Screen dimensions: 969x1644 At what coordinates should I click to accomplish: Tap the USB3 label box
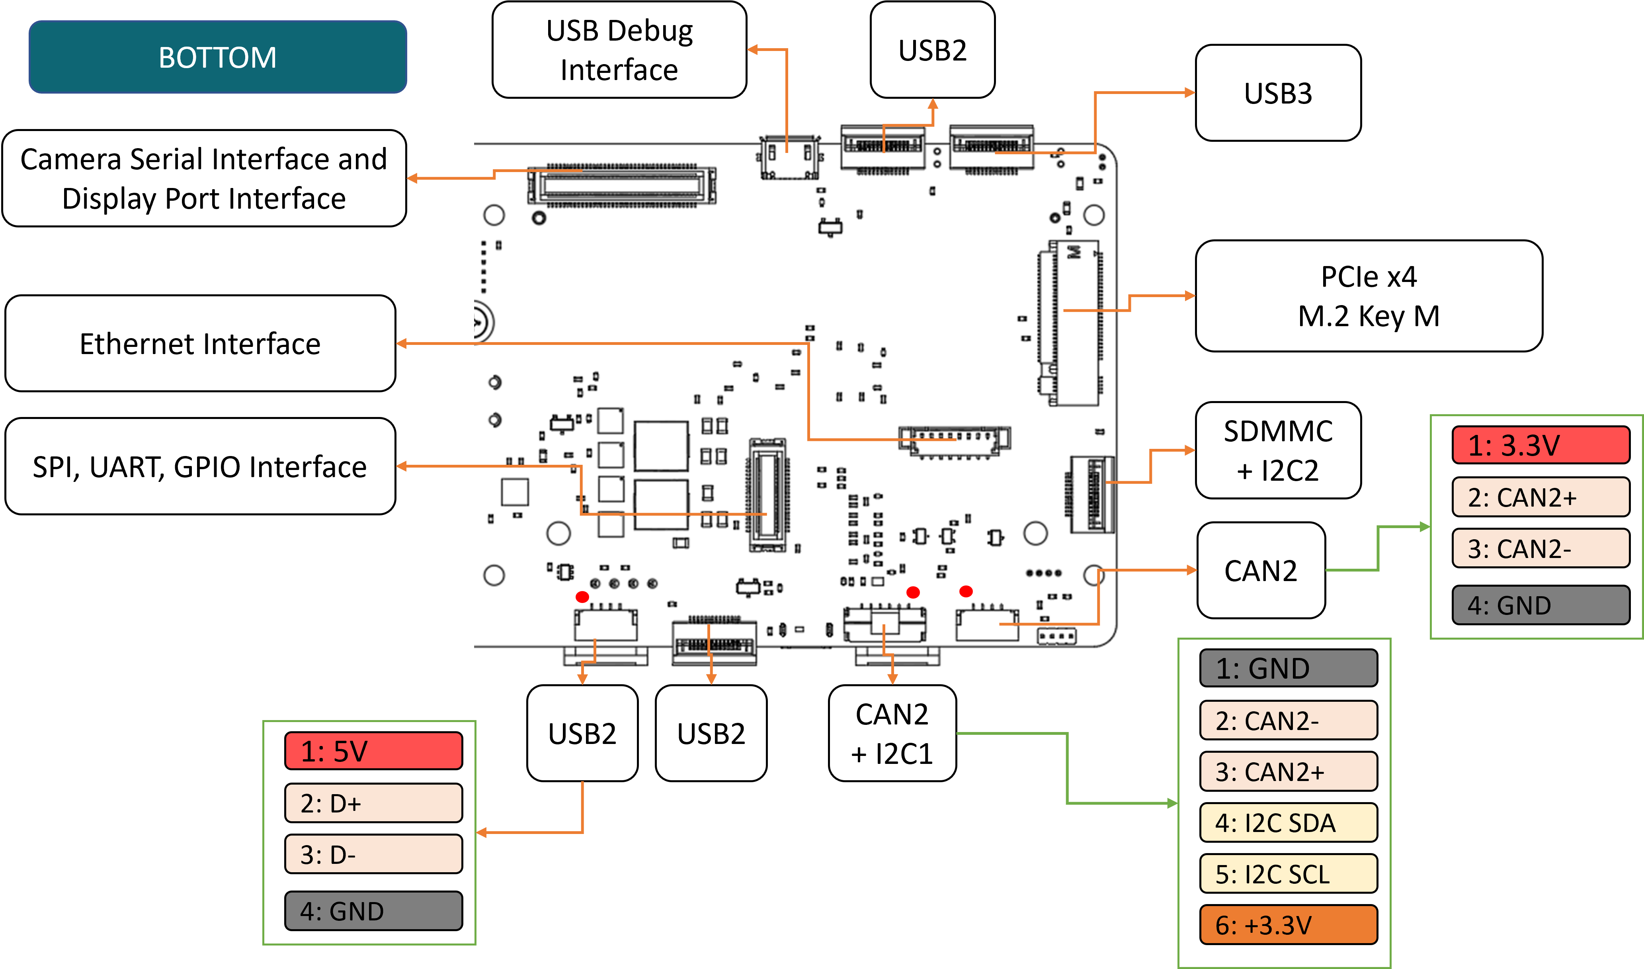click(x=1277, y=93)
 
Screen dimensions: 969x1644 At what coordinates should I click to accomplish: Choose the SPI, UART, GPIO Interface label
click(x=200, y=467)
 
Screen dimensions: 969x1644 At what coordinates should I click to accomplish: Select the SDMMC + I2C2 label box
click(x=1277, y=450)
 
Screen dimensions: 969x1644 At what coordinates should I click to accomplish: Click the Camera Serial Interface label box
click(x=204, y=179)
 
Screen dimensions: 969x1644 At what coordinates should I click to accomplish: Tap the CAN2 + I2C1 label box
click(x=892, y=733)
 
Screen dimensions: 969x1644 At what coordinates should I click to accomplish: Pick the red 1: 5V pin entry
click(x=373, y=751)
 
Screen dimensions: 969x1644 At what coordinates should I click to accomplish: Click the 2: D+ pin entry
click(x=373, y=803)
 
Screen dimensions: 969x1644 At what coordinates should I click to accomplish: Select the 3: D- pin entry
click(x=373, y=854)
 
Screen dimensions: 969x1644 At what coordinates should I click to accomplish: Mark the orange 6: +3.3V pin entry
click(x=1288, y=925)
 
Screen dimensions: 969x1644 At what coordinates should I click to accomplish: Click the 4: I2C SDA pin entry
click(x=1288, y=823)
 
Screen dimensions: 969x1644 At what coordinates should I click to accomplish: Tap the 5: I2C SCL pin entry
click(x=1288, y=874)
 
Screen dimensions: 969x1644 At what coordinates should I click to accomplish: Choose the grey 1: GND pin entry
click(x=1288, y=668)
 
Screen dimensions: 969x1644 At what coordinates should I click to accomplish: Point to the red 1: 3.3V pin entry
click(x=1540, y=445)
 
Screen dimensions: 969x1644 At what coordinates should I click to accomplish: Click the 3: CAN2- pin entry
click(x=1540, y=548)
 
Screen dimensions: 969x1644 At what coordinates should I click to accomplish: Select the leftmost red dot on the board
click(x=582, y=597)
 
